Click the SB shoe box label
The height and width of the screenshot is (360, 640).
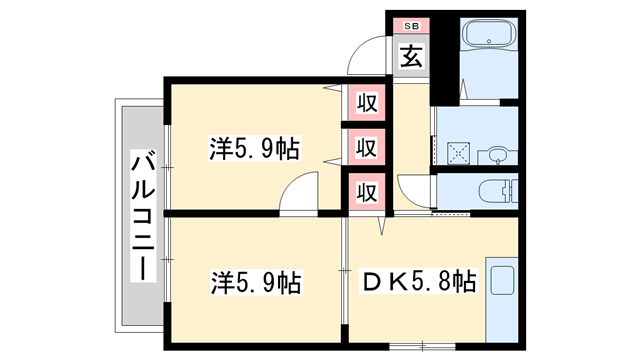411,25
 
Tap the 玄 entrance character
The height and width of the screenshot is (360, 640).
411,56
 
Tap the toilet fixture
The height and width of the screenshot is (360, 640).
496,190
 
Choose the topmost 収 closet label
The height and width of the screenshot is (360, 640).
367,102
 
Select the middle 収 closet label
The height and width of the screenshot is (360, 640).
367,147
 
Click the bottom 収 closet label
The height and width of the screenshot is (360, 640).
367,190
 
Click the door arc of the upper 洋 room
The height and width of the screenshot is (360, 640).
297,194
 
